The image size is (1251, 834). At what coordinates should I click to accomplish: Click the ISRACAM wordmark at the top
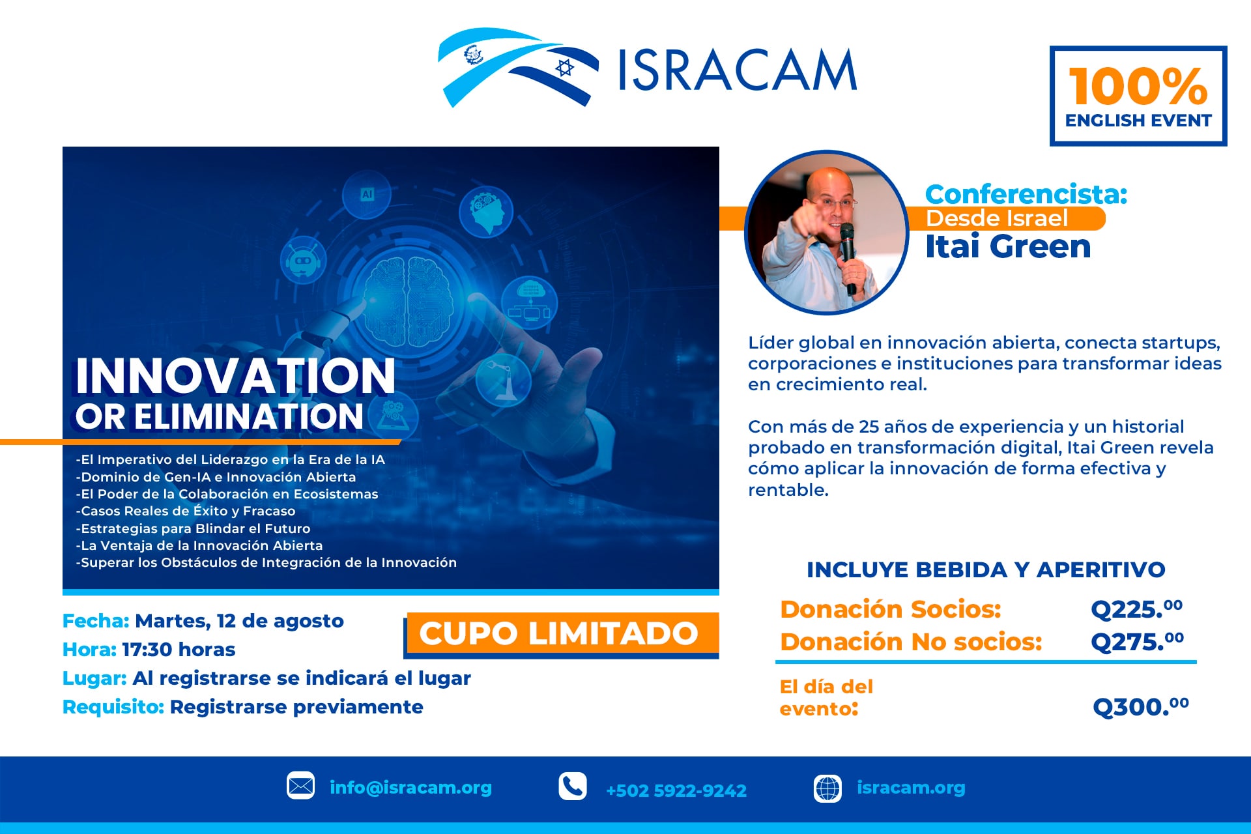(x=737, y=70)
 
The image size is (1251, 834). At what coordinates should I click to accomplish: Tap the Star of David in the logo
(x=564, y=67)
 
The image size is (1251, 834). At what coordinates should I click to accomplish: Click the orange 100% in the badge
(x=1138, y=86)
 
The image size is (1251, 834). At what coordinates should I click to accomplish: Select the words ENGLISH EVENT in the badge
(x=1138, y=121)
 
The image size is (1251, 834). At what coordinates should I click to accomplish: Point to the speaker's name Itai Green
(x=1008, y=246)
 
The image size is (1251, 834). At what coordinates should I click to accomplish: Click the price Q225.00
(x=1137, y=609)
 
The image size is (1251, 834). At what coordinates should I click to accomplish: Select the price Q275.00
(x=1138, y=642)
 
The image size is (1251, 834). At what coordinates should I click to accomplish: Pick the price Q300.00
(x=1141, y=706)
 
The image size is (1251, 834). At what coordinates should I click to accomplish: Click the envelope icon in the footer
(x=300, y=786)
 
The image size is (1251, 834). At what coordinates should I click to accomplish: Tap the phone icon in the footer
(x=572, y=786)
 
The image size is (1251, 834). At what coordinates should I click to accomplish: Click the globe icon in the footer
(x=828, y=788)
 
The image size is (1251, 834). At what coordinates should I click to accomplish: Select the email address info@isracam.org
(x=410, y=788)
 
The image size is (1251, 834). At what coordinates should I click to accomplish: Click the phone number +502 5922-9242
(x=676, y=790)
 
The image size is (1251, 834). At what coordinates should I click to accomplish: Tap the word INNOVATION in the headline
(x=235, y=376)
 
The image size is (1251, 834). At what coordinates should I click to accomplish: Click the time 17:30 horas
(x=179, y=650)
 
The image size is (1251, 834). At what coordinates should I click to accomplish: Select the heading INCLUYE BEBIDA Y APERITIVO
(x=986, y=569)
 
